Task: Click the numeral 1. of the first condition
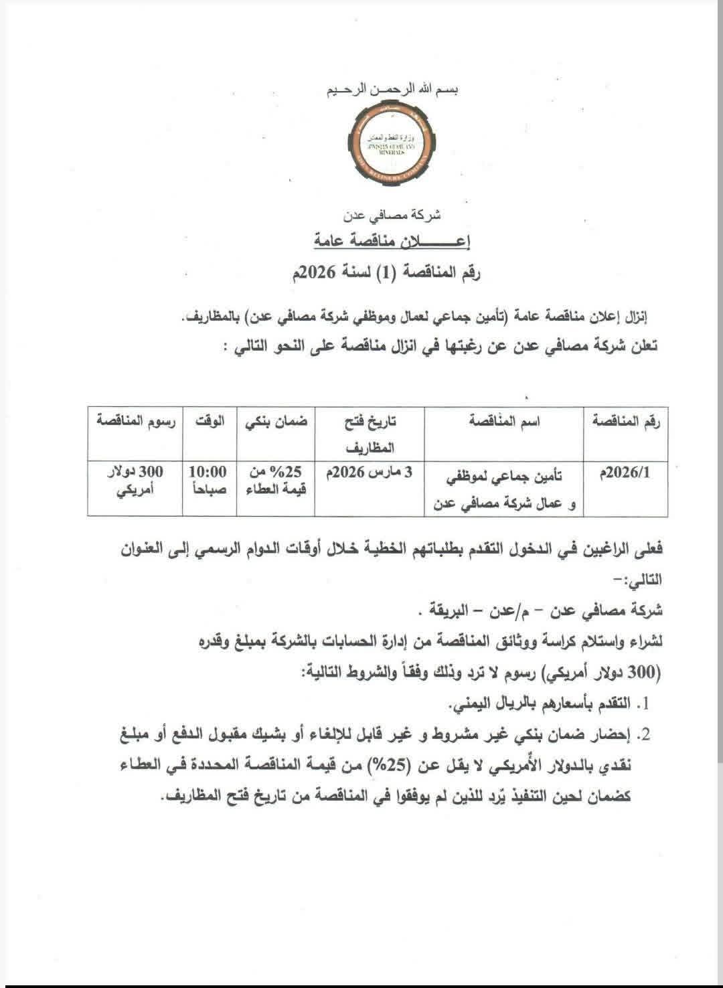tap(645, 705)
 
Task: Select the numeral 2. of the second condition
tap(644, 736)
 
